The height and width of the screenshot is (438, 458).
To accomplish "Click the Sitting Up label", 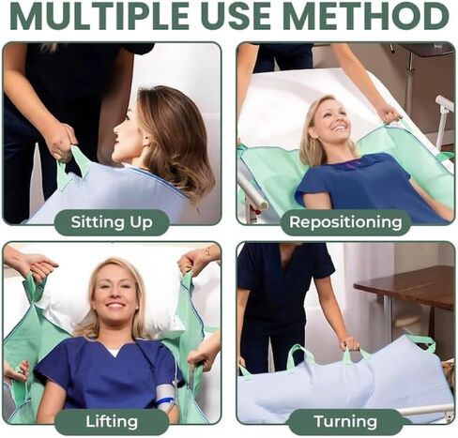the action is [112, 222].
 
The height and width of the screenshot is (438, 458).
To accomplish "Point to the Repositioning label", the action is [345, 222].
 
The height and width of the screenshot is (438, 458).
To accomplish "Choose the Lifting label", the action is [112, 421].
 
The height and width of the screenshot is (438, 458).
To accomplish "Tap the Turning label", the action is [345, 421].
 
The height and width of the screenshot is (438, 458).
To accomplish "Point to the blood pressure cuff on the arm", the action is [167, 396].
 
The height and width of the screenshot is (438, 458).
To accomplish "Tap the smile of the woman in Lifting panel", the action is [115, 306].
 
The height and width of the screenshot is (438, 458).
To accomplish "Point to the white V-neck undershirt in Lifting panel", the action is [114, 351].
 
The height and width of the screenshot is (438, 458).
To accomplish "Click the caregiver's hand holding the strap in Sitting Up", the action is [63, 143].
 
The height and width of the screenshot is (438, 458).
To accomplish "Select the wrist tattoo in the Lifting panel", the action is [207, 250].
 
